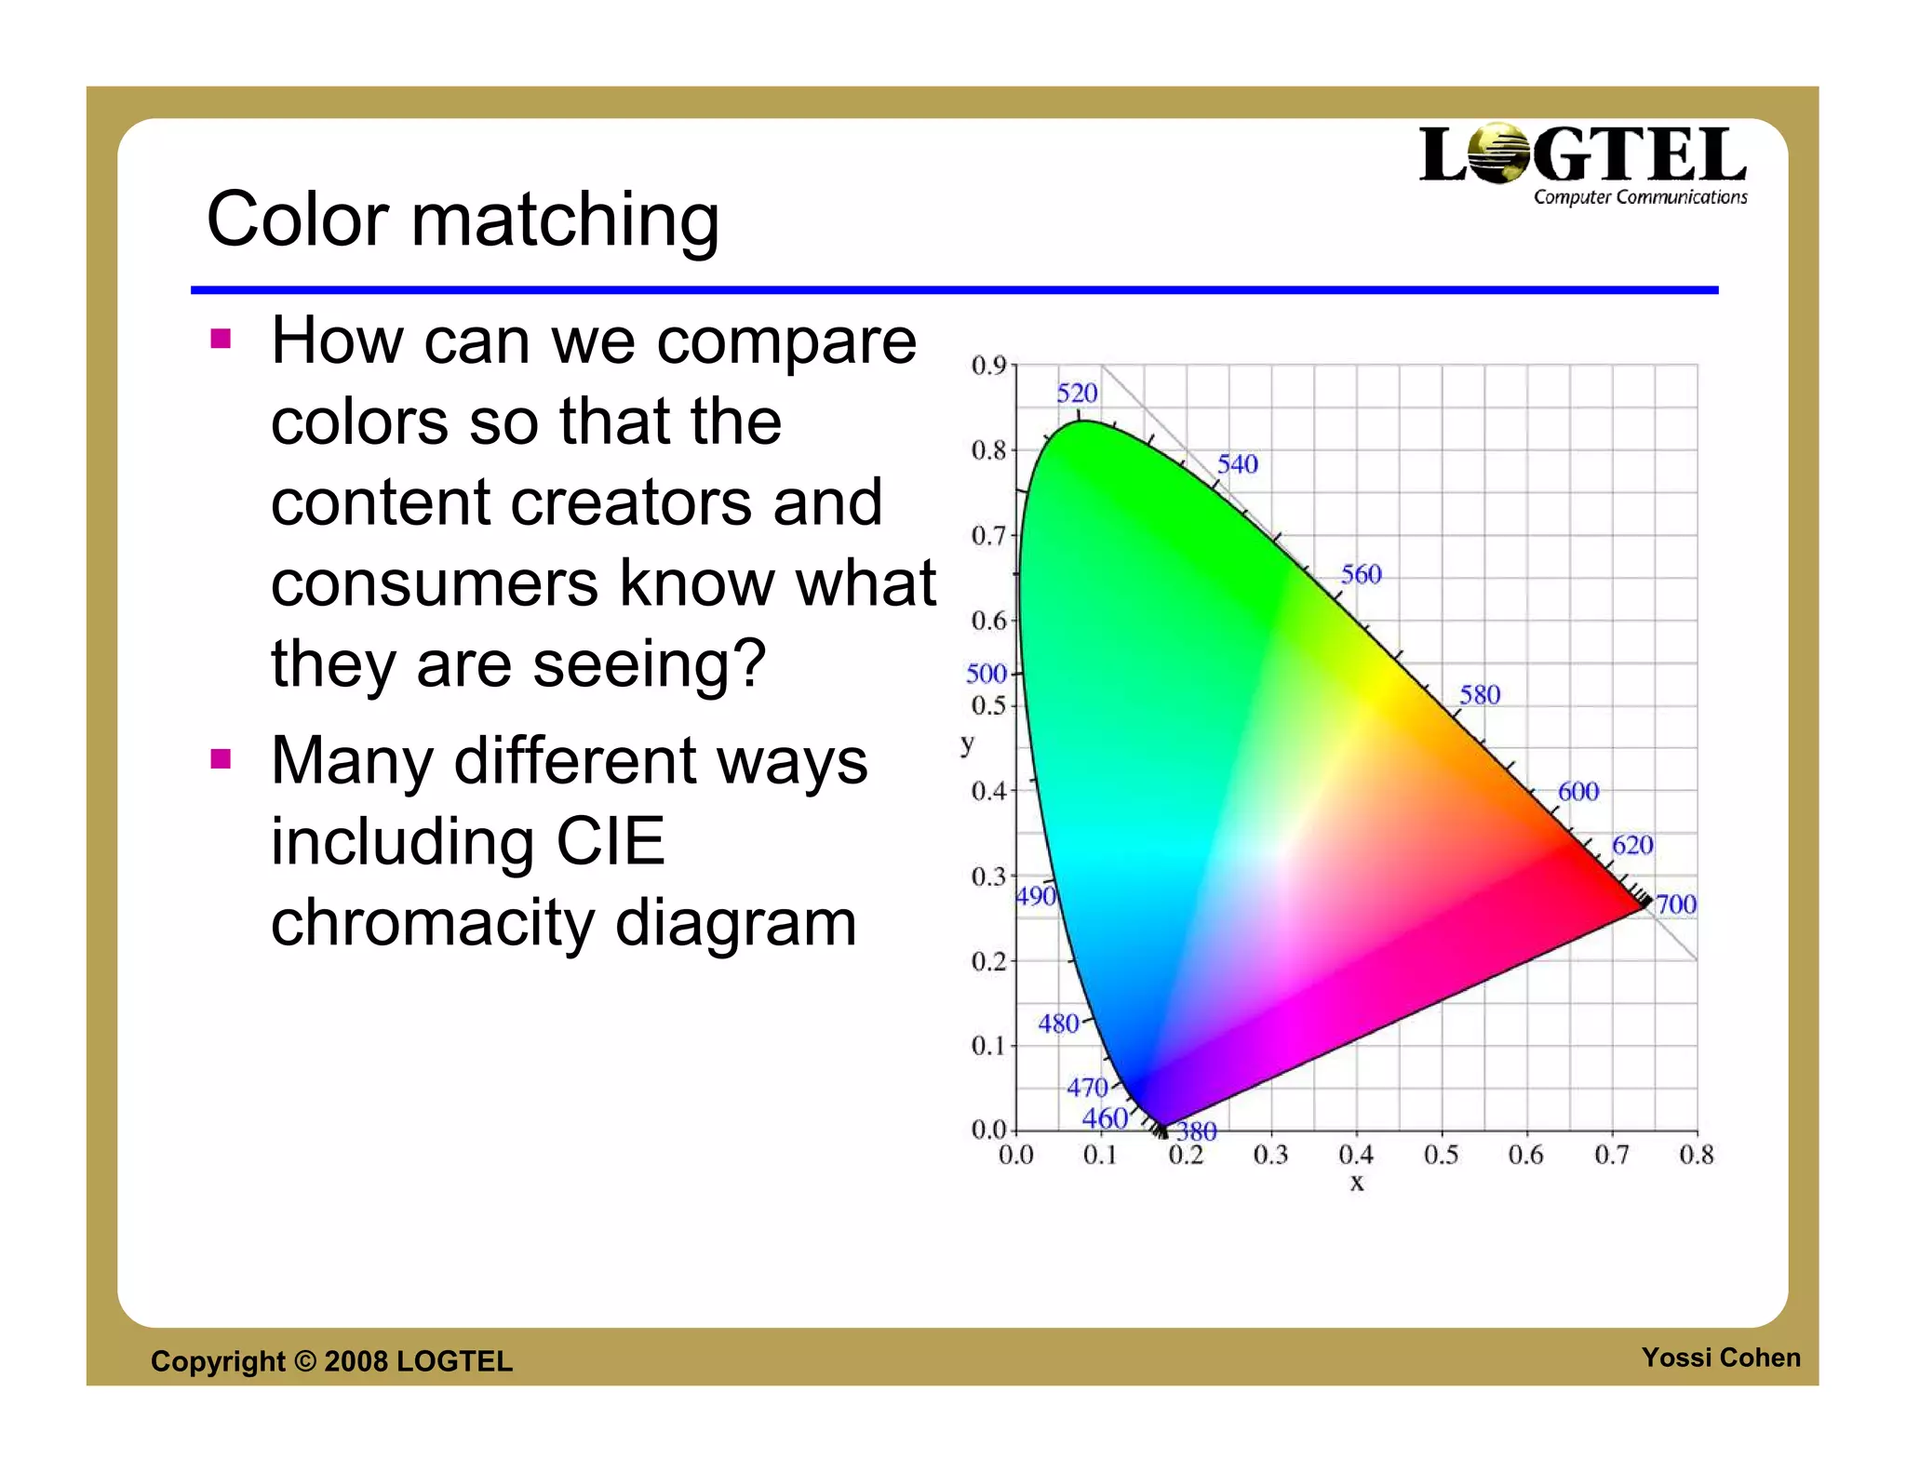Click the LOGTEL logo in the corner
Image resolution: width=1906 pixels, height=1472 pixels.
(x=1582, y=164)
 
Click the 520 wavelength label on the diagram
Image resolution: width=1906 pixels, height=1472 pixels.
(x=1077, y=394)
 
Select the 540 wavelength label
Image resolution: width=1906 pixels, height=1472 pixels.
(x=1237, y=464)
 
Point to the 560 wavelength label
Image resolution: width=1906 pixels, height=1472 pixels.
(x=1361, y=574)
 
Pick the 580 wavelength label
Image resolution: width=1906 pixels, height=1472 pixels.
(x=1480, y=695)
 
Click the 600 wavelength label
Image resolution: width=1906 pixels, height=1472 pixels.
(x=1578, y=792)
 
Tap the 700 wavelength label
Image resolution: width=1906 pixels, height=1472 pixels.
(x=1676, y=904)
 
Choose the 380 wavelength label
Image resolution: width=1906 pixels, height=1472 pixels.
(x=1197, y=1131)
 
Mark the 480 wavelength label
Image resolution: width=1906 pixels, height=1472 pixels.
(x=1058, y=1024)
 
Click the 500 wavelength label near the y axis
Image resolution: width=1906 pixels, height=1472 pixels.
(x=987, y=673)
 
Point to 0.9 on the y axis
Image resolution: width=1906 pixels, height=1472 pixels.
(x=988, y=365)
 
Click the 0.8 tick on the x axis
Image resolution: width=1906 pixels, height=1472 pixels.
(x=1696, y=1156)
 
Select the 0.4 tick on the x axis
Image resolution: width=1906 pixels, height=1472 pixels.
(x=1356, y=1156)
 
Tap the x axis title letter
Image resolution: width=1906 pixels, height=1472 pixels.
(x=1357, y=1183)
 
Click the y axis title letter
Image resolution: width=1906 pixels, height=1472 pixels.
(x=968, y=743)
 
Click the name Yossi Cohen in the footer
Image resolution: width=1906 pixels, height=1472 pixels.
(x=1721, y=1358)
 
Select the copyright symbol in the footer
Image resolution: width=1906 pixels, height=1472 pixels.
(x=305, y=1361)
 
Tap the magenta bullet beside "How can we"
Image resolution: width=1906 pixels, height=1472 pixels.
(x=221, y=339)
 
